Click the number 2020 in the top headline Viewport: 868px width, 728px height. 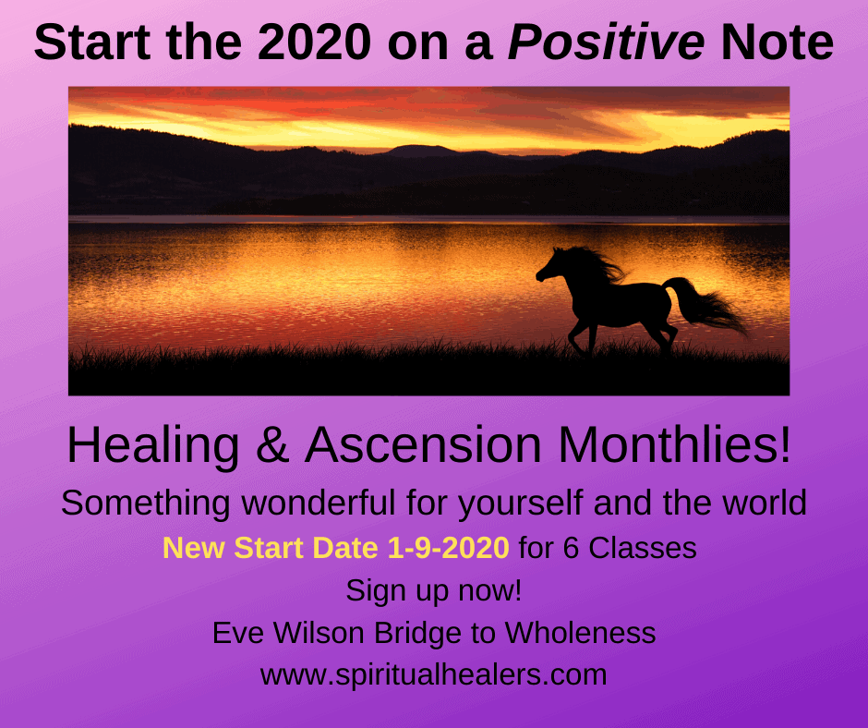click(x=314, y=42)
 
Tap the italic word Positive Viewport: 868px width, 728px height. click(x=606, y=42)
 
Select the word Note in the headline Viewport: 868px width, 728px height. click(x=778, y=42)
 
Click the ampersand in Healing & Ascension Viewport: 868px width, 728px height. click(x=272, y=445)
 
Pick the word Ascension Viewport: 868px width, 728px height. click(x=423, y=445)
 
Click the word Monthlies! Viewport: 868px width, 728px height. click(x=675, y=445)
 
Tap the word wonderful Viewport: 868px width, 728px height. click(x=319, y=503)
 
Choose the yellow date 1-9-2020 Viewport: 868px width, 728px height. click(x=448, y=548)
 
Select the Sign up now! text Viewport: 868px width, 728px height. click(x=433, y=590)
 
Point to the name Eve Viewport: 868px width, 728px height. click(x=238, y=633)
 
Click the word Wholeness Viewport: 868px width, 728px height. click(x=580, y=633)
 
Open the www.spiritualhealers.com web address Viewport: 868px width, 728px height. click(x=433, y=674)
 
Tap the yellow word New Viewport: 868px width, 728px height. click(x=195, y=548)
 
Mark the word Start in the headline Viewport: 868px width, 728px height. click(x=92, y=42)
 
